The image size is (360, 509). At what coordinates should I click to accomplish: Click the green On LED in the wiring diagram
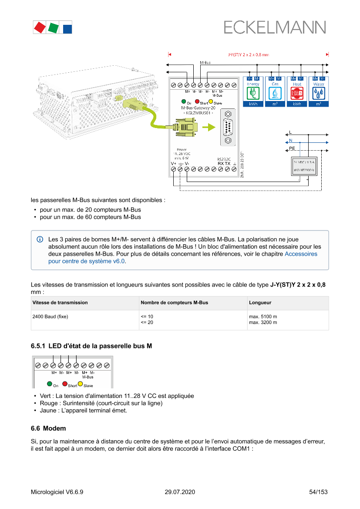[184, 101]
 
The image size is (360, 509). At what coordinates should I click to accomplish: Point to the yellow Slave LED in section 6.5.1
[81, 384]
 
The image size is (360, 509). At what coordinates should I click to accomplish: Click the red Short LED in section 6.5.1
[65, 384]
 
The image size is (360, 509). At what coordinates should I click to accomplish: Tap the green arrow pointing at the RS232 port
[210, 127]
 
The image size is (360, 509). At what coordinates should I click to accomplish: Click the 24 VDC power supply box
[304, 165]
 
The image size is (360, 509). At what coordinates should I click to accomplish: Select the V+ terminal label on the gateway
[174, 163]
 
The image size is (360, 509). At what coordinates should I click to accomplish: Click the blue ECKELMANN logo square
[67, 28]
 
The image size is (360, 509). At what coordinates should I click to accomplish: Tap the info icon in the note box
[40, 239]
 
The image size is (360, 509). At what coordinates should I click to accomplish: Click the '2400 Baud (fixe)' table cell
[50, 317]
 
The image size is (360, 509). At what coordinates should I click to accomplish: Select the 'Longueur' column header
[260, 302]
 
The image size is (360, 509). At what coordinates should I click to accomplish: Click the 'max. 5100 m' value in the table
[263, 317]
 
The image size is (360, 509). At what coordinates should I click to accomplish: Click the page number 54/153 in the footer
[318, 492]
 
